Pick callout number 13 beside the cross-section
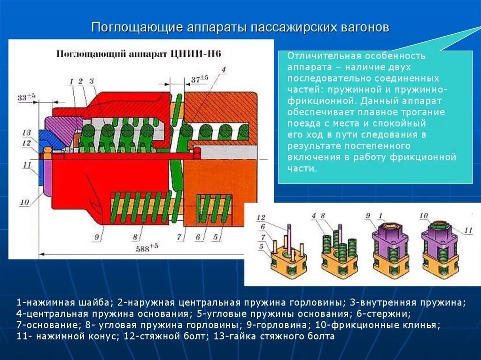click(x=26, y=132)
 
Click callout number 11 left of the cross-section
click(x=26, y=165)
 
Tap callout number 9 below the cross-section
click(x=97, y=237)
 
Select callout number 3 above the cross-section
click(x=92, y=81)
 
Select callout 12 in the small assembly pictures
click(x=261, y=217)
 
